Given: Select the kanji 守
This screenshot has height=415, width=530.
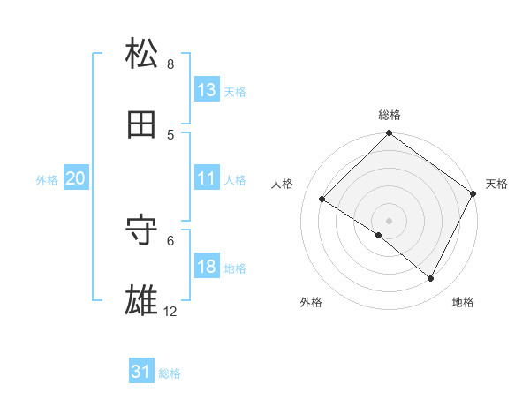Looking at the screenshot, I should (x=142, y=230).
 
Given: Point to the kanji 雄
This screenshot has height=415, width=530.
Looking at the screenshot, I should (x=142, y=300).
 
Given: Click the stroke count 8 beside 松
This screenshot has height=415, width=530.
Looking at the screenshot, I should (x=170, y=64).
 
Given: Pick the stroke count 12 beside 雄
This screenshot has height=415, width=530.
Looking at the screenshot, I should (x=170, y=312).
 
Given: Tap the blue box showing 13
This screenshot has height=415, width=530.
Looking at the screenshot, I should (x=207, y=90).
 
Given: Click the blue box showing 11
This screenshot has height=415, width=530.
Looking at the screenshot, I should (x=207, y=178).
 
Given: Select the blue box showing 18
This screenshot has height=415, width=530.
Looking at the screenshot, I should (x=207, y=267).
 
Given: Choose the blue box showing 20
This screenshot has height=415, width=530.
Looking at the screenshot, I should (x=75, y=178).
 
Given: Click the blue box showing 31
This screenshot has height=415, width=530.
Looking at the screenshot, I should (x=141, y=373).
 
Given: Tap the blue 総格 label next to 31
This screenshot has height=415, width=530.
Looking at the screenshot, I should (x=170, y=374).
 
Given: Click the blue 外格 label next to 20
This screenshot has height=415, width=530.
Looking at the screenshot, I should (x=47, y=180).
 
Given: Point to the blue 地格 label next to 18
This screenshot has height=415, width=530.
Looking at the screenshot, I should (x=235, y=268).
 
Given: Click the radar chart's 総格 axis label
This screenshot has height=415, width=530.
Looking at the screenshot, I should (x=390, y=115).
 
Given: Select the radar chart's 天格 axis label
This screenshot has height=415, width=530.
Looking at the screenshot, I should (x=496, y=184).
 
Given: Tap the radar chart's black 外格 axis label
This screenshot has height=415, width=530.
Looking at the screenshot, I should (x=311, y=302).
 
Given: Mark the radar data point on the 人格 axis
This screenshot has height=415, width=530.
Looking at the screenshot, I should (x=322, y=200).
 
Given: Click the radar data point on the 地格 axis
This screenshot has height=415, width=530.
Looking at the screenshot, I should (x=431, y=278).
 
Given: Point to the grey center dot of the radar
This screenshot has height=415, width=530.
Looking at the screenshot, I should (x=389, y=220).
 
